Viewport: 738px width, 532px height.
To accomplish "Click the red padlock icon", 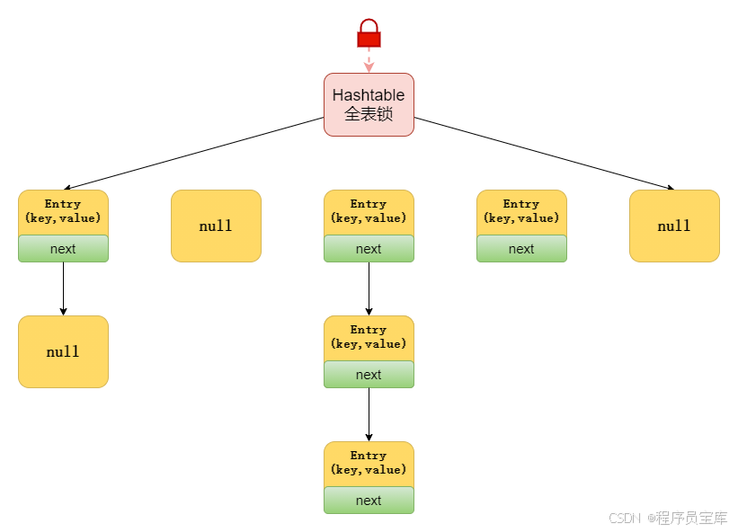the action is click(369, 33).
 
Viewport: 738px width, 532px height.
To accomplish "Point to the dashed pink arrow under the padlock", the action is click(369, 60).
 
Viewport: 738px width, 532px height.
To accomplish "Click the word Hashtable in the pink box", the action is click(369, 95).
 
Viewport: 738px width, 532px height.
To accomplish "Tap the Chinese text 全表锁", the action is click(369, 114).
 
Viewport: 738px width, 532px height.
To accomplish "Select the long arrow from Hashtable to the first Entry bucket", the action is click(193, 154).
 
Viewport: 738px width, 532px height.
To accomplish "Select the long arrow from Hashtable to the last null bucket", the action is click(544, 154).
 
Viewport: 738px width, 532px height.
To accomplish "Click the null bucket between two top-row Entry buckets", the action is click(216, 226).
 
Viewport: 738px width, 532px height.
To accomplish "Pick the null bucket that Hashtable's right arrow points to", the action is click(674, 226).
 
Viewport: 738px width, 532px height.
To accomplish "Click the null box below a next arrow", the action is click(63, 352).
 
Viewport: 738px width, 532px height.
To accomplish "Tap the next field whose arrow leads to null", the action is click(63, 249).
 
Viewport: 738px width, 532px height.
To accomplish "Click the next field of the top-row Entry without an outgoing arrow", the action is click(521, 249).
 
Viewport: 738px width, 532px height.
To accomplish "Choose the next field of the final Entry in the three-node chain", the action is click(369, 501).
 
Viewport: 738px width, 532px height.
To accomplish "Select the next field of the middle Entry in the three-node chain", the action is click(369, 375).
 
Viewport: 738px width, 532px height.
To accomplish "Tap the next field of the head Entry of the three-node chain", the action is click(369, 249).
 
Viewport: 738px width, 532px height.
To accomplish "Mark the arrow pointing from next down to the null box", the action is click(63, 288).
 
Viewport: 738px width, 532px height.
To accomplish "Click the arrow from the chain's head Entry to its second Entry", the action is click(369, 288).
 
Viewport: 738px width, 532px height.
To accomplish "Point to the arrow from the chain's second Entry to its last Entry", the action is click(369, 414).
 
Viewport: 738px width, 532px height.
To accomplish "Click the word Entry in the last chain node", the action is click(368, 456).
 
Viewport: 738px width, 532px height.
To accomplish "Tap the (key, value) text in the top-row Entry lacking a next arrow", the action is click(521, 217).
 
